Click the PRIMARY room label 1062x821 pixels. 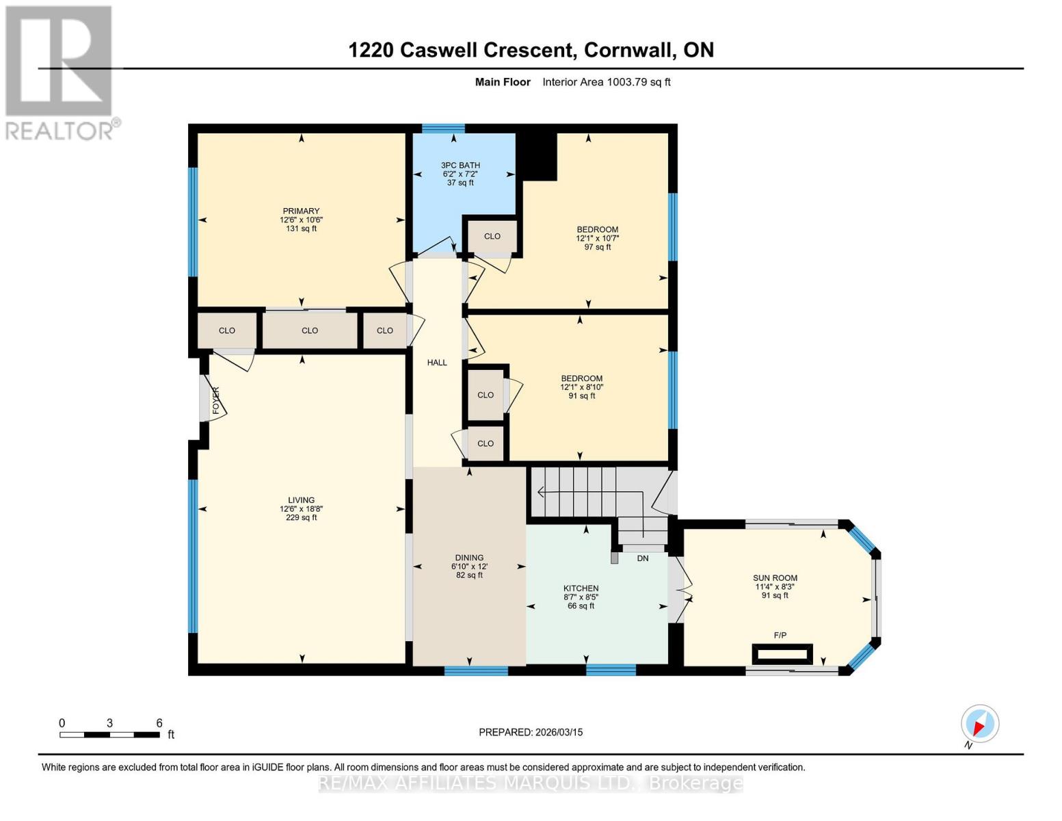click(x=301, y=211)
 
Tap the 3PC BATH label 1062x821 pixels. click(x=460, y=165)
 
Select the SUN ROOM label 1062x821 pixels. click(x=775, y=578)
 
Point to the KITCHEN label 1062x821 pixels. click(x=581, y=588)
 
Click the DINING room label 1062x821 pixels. click(x=469, y=558)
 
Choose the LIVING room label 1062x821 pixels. click(x=301, y=500)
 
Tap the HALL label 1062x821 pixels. click(x=437, y=363)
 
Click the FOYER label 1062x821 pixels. click(x=216, y=400)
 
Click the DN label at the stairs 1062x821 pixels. click(x=642, y=558)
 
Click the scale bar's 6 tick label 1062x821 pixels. click(x=159, y=723)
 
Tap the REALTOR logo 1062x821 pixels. click(x=60, y=72)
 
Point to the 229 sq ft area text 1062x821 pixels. click(x=301, y=518)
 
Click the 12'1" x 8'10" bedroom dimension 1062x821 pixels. click(x=581, y=387)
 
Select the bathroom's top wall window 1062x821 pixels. click(x=443, y=128)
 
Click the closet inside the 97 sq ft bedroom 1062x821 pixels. click(x=492, y=236)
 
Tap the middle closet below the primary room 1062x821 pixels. click(x=310, y=330)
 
